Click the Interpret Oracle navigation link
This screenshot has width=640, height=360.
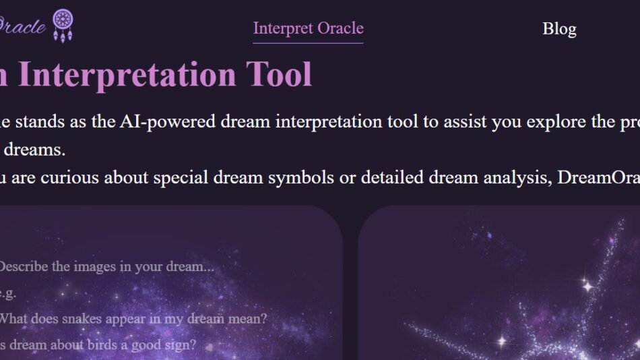coord(308,28)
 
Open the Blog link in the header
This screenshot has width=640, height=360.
coord(559,29)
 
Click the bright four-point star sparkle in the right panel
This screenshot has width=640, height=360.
coord(587,286)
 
